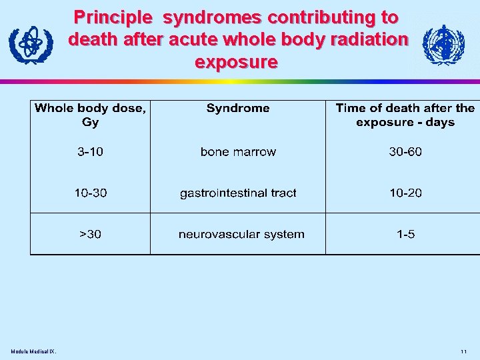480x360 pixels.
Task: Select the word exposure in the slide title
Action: (x=236, y=62)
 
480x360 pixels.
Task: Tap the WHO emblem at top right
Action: (x=444, y=45)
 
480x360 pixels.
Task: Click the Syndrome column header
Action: (x=238, y=108)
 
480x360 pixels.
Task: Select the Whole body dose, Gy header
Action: (x=90, y=115)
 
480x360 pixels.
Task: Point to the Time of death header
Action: (x=405, y=115)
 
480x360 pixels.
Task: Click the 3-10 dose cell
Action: (x=90, y=152)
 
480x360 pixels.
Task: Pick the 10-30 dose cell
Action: (x=90, y=193)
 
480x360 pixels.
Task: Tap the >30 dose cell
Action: (x=90, y=235)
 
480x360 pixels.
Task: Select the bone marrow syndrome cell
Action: (x=238, y=152)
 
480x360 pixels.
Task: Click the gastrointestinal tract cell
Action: (x=238, y=193)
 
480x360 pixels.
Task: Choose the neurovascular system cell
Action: (x=241, y=235)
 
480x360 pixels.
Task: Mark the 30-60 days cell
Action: (x=405, y=152)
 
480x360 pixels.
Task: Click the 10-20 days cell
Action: (x=405, y=193)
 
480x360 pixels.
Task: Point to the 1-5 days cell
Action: (x=405, y=235)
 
